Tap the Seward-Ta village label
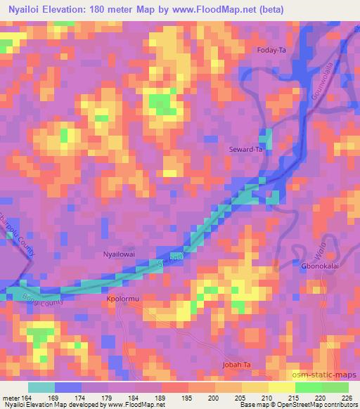246,150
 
